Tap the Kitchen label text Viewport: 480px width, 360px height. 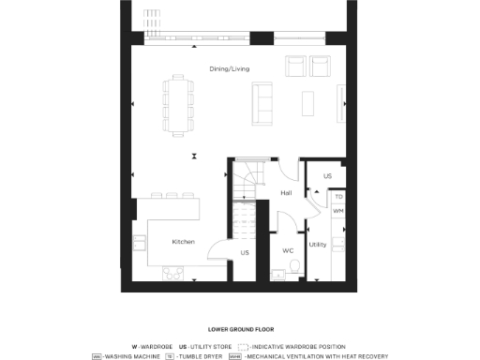click(x=184, y=242)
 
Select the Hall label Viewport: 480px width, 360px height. click(x=286, y=193)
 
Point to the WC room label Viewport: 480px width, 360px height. click(x=289, y=250)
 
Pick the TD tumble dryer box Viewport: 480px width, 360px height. click(x=338, y=198)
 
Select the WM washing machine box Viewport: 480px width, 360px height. click(x=338, y=211)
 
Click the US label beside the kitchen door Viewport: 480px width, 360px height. click(x=245, y=252)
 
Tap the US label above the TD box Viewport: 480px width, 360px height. click(x=327, y=175)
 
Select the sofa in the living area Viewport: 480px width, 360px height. click(x=261, y=97)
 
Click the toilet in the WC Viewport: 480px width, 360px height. click(x=295, y=270)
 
